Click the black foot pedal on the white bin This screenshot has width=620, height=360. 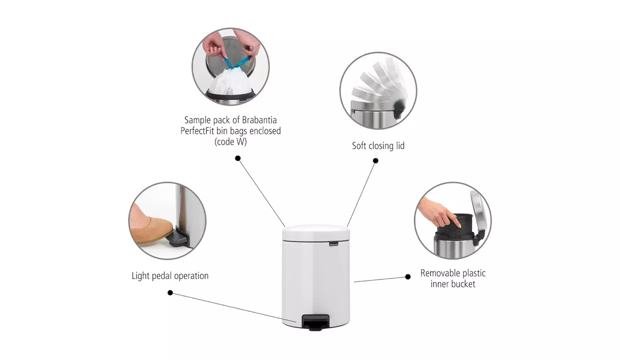pyautogui.click(x=315, y=322)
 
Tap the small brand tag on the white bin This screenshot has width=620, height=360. pyautogui.click(x=334, y=244)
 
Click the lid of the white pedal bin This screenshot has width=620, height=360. pyautogui.click(x=316, y=233)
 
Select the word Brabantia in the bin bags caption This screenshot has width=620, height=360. pyautogui.click(x=259, y=120)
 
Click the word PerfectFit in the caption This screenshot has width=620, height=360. pyautogui.click(x=197, y=131)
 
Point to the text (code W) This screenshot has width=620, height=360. pyautogui.click(x=230, y=141)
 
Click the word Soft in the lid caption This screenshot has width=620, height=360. pyautogui.click(x=359, y=145)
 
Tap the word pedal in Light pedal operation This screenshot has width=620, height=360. pyautogui.click(x=161, y=275)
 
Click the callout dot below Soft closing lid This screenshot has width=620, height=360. pyautogui.click(x=375, y=161)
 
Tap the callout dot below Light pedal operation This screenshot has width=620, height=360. pyautogui.click(x=170, y=293)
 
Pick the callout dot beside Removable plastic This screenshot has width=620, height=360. pyautogui.click(x=407, y=276)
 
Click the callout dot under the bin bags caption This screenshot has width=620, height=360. pyautogui.click(x=238, y=158)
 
